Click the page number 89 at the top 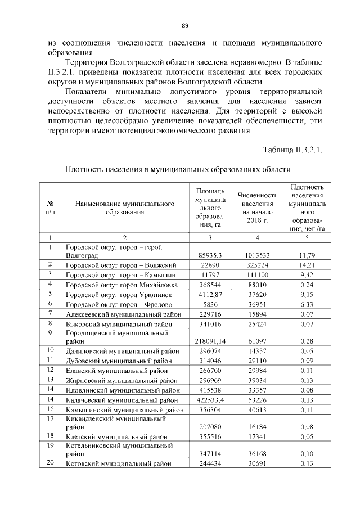184,25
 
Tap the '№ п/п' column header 50,208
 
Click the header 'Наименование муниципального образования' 124,208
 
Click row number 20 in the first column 50,463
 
